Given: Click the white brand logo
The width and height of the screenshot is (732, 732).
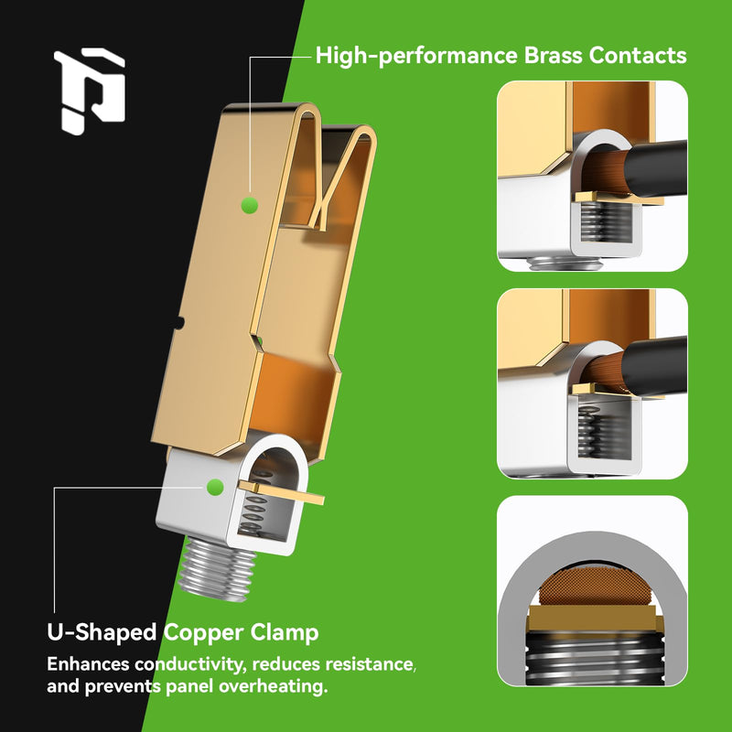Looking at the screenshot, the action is point(89,91).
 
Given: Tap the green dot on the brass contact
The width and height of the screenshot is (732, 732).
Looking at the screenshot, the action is point(250,205).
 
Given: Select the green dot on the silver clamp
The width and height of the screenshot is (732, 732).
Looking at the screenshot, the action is point(215,487).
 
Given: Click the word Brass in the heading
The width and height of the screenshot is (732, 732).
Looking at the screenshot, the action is point(553,55).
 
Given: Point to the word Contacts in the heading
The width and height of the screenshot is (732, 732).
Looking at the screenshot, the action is point(638,55).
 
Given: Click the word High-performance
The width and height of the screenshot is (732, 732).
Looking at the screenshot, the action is point(416,56).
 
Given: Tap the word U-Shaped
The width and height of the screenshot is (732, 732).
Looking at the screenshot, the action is point(102,633).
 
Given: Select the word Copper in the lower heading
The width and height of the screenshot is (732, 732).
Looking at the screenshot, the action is point(203,633).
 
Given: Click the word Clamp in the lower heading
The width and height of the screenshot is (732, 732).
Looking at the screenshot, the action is point(284,633).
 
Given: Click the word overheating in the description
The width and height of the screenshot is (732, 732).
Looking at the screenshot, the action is point(271,686).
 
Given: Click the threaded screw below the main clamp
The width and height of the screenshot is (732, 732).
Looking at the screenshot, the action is point(217,569).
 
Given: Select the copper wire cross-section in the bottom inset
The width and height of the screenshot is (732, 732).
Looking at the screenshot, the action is point(592,587).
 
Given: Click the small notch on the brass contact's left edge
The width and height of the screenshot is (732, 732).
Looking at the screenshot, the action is point(179,323).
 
